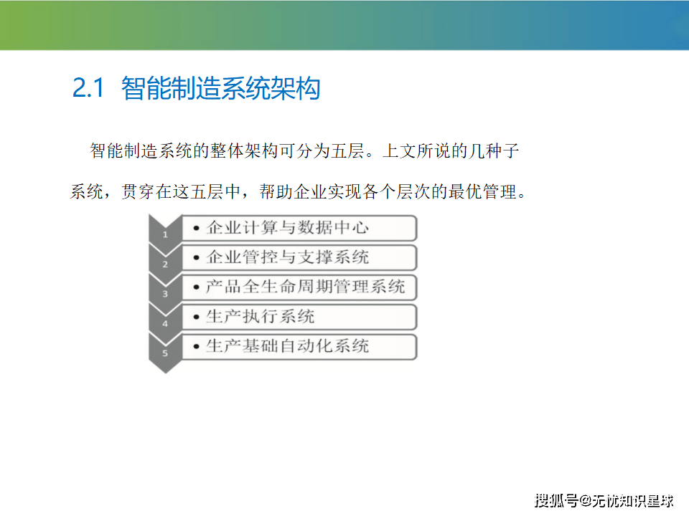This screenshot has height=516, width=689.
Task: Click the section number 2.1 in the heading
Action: click(88, 87)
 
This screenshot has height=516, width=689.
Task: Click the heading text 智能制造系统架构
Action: click(220, 88)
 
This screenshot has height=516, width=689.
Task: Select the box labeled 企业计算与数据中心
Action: click(299, 228)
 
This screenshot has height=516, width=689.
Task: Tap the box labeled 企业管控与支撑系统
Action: click(299, 257)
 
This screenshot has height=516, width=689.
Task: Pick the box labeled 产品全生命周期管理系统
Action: click(299, 287)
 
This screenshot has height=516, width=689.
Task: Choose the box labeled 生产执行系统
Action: click(299, 317)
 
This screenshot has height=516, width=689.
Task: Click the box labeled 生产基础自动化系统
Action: click(299, 347)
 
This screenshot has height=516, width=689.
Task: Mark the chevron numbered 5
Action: click(165, 353)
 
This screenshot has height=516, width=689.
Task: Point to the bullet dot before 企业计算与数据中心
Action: click(197, 228)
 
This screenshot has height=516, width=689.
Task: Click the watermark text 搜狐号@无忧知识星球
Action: click(604, 501)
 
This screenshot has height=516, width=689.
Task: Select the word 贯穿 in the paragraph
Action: click(138, 192)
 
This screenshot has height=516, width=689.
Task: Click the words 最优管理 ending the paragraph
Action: click(482, 192)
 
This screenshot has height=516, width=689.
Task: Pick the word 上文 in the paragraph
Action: click(398, 151)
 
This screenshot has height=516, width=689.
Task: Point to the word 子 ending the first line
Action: click(511, 151)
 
